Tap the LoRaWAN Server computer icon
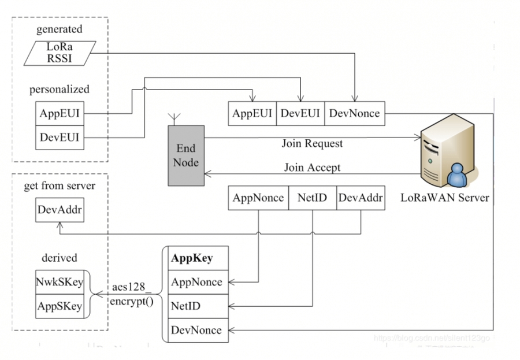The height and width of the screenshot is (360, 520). (446, 155)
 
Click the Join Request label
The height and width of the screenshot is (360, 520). (312, 143)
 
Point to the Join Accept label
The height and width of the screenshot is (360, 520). (312, 168)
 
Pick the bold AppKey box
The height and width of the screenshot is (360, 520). (196, 258)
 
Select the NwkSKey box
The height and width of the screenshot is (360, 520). (60, 282)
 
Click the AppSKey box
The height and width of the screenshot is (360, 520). (60, 306)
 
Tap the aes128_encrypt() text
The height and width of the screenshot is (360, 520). (134, 295)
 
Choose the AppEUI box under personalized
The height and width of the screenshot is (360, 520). (60, 114)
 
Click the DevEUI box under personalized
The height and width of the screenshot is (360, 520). (60, 138)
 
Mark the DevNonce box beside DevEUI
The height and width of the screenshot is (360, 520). (354, 113)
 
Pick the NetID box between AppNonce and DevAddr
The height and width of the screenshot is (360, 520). (312, 198)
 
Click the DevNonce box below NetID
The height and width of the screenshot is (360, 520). (196, 330)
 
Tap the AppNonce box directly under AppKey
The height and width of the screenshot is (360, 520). (196, 282)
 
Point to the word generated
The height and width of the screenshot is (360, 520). (59, 29)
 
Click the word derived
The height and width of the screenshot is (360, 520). (59, 258)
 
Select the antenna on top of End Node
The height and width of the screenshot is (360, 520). (172, 120)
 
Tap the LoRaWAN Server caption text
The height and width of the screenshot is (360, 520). (445, 198)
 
